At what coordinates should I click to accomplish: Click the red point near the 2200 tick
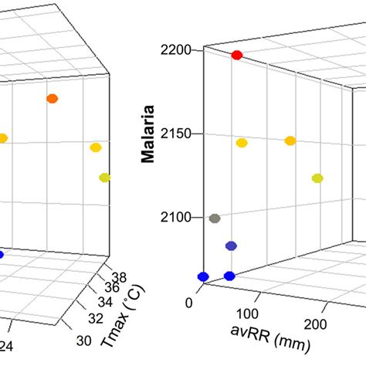coord(237,55)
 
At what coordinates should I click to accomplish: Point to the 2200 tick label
coord(177,49)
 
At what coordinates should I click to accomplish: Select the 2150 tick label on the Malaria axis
coord(177,134)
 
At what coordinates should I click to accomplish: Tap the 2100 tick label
coord(177,218)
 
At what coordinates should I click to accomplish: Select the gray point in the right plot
coord(215,219)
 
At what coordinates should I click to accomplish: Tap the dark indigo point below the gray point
coord(231,246)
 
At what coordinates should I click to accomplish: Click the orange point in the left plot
coord(52,98)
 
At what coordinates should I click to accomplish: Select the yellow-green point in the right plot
coord(317,178)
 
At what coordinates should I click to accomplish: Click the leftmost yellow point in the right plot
coord(242,143)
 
